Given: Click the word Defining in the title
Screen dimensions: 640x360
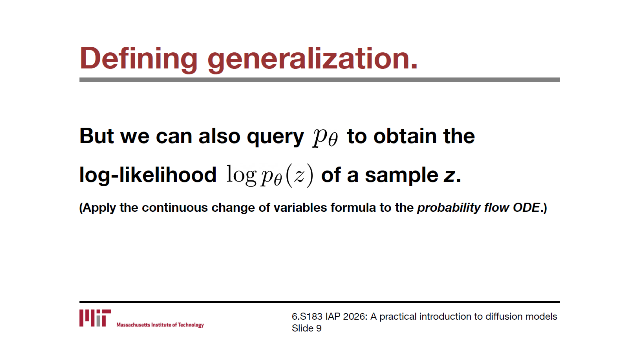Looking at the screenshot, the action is [x=139, y=59].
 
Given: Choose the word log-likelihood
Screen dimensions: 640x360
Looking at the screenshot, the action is [x=148, y=175].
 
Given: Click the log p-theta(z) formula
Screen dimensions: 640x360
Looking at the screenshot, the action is [x=270, y=176].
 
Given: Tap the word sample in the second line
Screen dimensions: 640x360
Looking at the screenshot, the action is [x=401, y=176].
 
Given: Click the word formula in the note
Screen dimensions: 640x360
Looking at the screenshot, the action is [x=353, y=207].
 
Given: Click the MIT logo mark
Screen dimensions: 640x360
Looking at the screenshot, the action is [x=95, y=318].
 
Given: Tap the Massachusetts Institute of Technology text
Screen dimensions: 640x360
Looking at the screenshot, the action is [x=160, y=325].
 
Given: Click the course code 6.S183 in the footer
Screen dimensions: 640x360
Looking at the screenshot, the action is [x=307, y=316].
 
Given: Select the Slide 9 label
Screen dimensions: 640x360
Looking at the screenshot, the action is [x=307, y=328].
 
